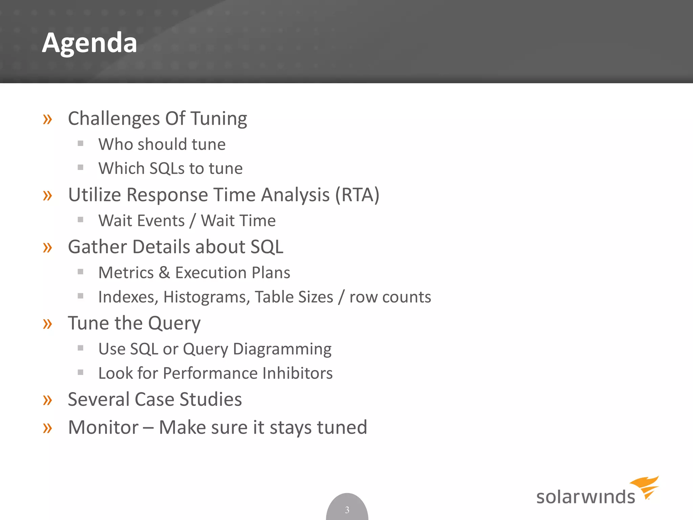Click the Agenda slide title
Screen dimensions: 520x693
point(90,43)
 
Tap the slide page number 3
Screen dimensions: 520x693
point(347,510)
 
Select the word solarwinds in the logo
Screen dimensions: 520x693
point(585,497)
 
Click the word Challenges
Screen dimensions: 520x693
point(114,119)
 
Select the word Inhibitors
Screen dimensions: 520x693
point(297,373)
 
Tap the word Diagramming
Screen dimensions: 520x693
point(282,349)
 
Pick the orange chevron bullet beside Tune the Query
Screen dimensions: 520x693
point(47,324)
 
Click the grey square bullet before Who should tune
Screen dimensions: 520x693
point(81,143)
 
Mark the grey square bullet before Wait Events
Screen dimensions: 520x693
point(81,220)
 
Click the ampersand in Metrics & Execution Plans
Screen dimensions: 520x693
point(164,273)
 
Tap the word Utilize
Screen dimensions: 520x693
point(94,195)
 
